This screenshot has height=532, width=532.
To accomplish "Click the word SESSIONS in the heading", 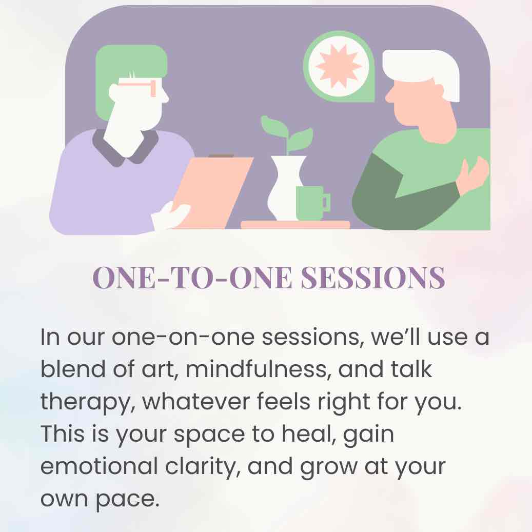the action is (x=373, y=278).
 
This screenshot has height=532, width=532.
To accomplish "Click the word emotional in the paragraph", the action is (x=99, y=466).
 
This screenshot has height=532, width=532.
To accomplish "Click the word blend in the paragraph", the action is (x=73, y=369).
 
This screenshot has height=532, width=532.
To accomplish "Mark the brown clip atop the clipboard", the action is (x=221, y=156).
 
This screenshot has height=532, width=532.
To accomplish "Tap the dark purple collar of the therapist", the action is (x=126, y=149).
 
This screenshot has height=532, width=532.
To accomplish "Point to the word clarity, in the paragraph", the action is (x=203, y=467).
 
